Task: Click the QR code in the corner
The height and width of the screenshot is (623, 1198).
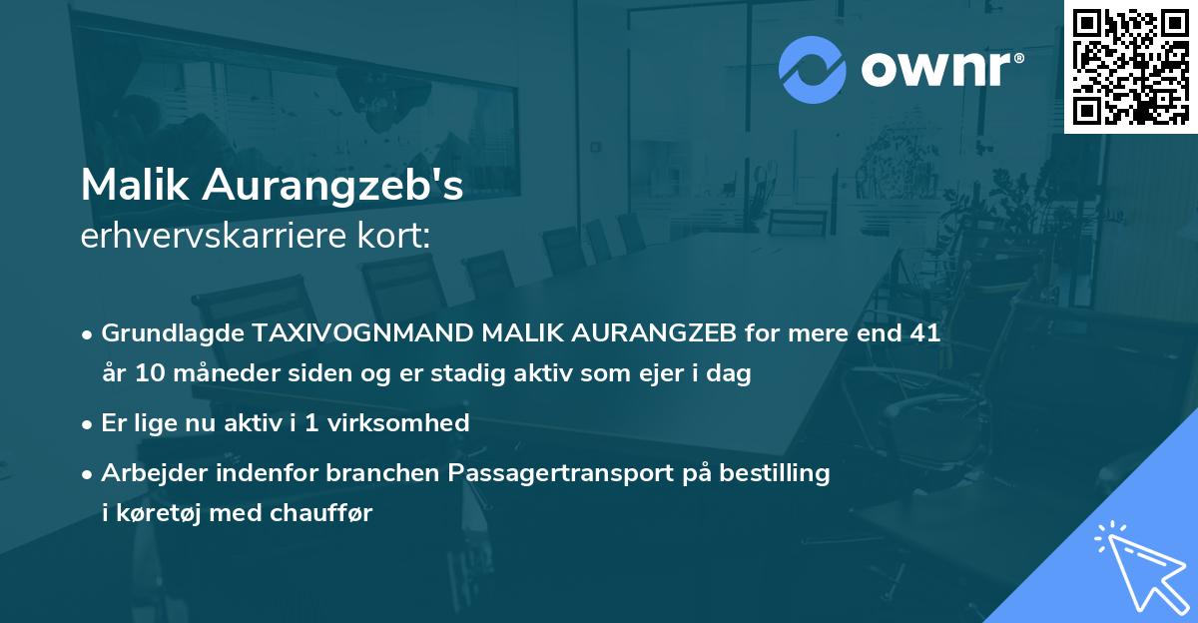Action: (1130, 66)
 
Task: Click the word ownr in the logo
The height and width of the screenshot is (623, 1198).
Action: (938, 69)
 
